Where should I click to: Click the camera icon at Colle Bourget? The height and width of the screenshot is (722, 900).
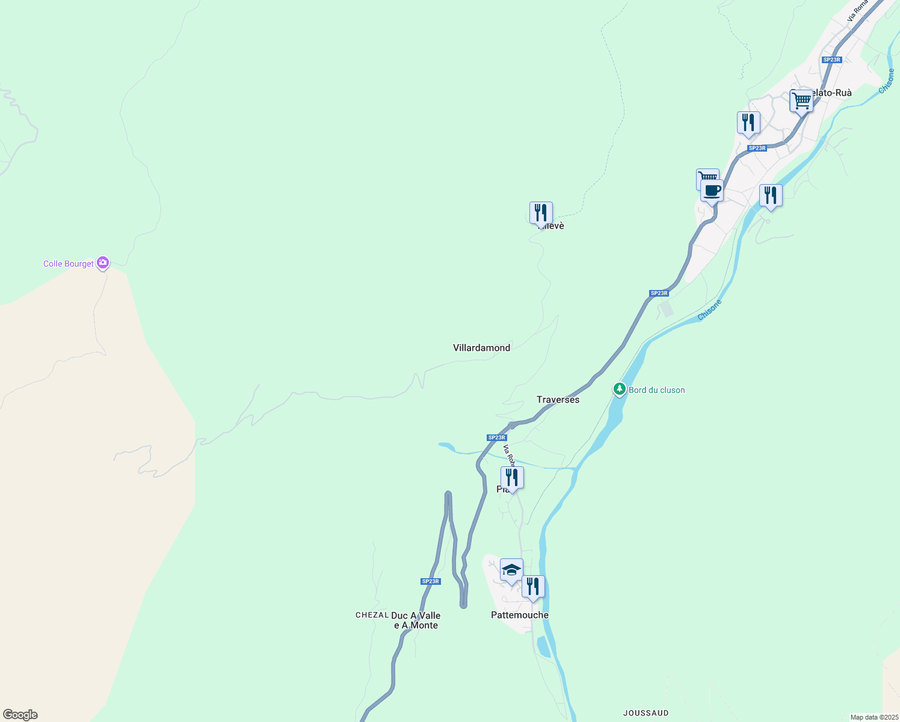pos(103,262)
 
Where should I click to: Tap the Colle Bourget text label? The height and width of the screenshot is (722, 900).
pos(69,264)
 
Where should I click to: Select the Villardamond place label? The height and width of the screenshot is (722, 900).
pos(481,348)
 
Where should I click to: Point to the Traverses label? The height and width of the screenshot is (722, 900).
pos(558,400)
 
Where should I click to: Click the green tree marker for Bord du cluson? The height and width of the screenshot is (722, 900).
pos(619,389)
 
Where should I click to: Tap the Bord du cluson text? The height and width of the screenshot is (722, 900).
pos(656,390)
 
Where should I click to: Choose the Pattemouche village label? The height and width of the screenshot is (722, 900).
pos(519,615)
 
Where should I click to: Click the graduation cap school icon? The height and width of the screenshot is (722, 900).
pos(511,570)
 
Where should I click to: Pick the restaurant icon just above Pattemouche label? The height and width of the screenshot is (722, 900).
pos(533,587)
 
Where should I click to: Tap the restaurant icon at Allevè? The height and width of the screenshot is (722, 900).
pos(541,213)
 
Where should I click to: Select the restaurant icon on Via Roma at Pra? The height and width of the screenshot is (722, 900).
pos(512,478)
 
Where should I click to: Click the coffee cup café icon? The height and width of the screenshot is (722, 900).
pos(712,191)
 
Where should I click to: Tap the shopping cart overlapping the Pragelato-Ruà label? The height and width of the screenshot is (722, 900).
pos(801,101)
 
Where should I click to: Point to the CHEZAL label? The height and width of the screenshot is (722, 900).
pos(372,615)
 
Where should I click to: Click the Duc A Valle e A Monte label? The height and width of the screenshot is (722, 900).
pos(416,620)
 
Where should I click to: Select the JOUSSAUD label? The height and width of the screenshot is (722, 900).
pos(646,713)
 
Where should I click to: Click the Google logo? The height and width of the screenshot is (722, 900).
pos(20,715)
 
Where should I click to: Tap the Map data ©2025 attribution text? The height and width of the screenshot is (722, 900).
pos(874,717)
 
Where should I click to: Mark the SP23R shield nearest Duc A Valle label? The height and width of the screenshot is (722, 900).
pos(430,581)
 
